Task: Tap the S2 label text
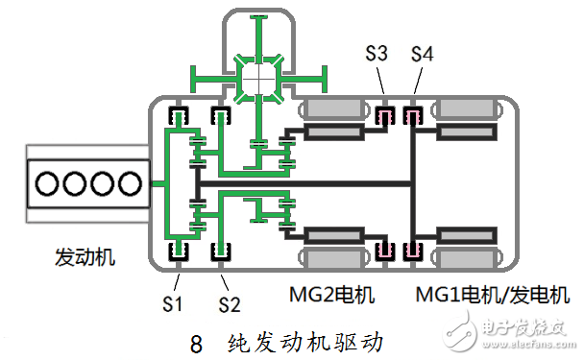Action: [x=229, y=305]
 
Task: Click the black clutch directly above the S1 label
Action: [x=178, y=252]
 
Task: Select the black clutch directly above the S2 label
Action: [x=220, y=252]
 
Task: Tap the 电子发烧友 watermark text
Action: [x=526, y=324]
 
